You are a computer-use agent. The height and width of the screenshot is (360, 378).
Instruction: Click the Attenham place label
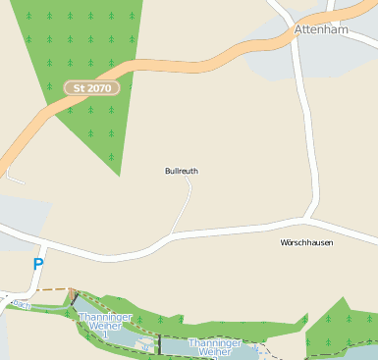pos(322,30)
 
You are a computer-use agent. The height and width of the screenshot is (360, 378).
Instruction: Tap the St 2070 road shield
pos(91,88)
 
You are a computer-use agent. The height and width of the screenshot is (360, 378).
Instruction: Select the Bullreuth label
pos(181,171)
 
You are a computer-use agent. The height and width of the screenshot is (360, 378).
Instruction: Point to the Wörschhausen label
pos(306,242)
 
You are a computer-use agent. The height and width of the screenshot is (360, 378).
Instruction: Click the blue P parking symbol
pos(38,265)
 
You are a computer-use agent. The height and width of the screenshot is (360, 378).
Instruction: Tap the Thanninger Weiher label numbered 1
pos(105,324)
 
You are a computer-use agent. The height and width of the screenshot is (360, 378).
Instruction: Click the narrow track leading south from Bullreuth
pos(185,206)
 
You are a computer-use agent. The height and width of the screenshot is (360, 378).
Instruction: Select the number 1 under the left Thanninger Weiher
pos(105,335)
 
